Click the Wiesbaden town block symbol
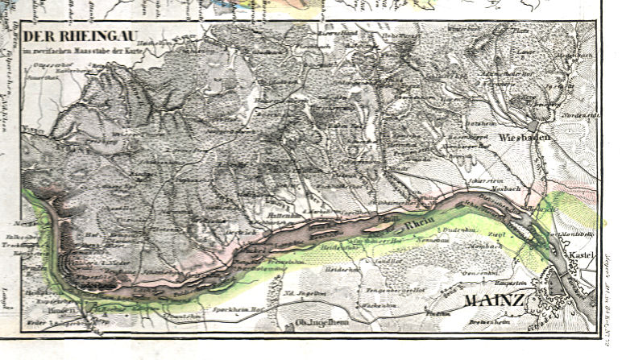(537, 126)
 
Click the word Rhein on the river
(420, 228)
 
